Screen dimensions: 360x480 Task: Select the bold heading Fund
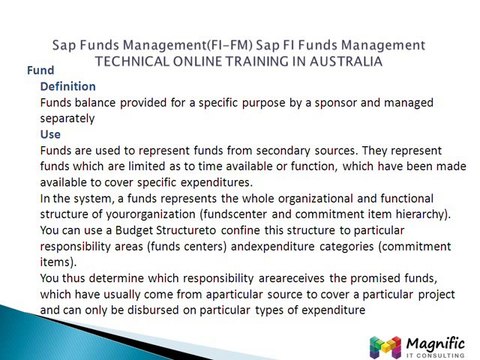(x=39, y=71)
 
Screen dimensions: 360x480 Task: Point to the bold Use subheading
(x=50, y=132)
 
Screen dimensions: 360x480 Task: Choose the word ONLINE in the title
(x=209, y=60)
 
